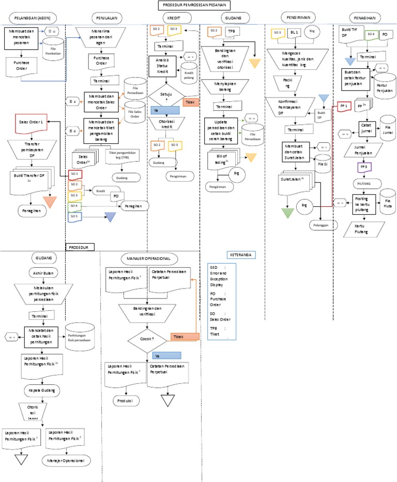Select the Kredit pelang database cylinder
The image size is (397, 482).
pyautogui.click(x=192, y=72)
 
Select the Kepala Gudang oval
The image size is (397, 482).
pyautogui.click(x=42, y=389)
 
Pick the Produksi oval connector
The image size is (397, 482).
pyautogui.click(x=125, y=401)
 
